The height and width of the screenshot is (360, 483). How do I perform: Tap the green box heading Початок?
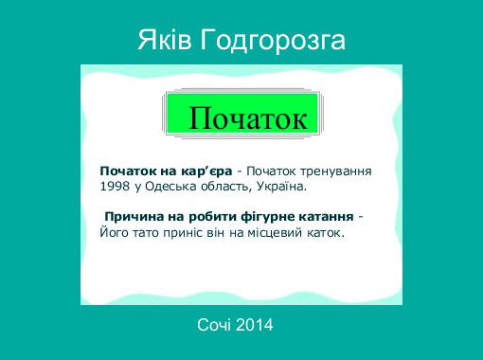(x=247, y=118)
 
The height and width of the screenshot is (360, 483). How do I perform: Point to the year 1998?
(x=115, y=187)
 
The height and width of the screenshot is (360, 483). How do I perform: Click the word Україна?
(x=281, y=187)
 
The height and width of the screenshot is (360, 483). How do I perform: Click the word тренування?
(x=333, y=171)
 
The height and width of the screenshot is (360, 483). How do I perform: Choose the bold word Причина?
(x=134, y=215)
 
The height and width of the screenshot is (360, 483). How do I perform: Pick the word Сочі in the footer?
(x=214, y=325)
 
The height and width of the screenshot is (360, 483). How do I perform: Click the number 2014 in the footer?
(x=255, y=325)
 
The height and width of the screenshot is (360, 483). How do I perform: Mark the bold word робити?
(x=215, y=215)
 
